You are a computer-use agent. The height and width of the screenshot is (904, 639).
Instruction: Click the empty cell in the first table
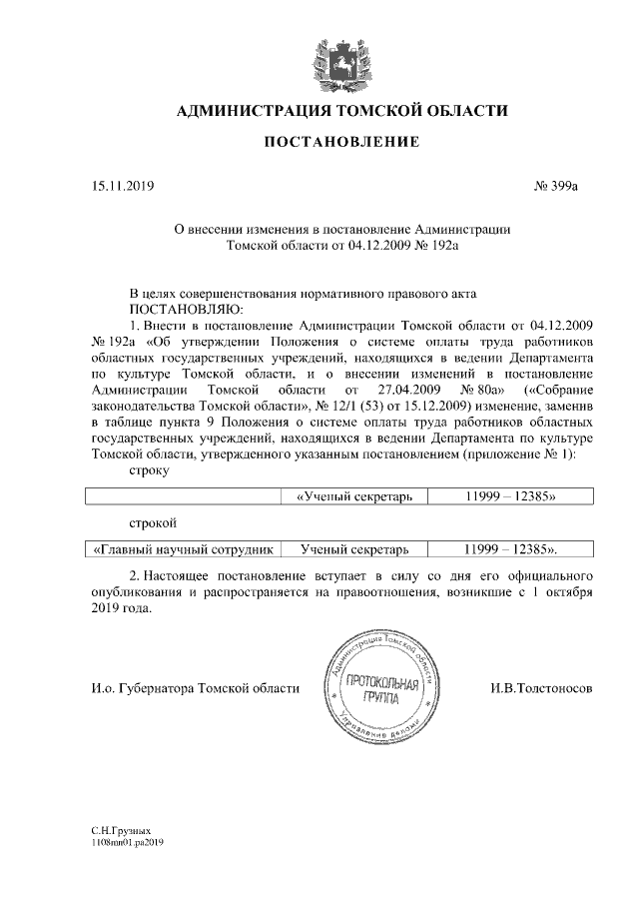tap(181, 496)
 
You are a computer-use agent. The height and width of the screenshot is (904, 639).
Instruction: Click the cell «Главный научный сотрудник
tap(181, 549)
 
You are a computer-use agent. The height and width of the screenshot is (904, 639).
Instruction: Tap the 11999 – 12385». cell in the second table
tap(510, 549)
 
